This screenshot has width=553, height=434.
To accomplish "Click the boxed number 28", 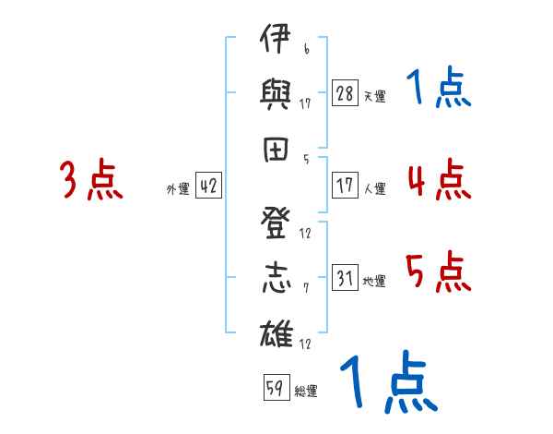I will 345,93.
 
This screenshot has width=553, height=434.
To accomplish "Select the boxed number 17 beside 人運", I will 345,186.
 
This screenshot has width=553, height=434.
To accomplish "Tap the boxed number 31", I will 345,278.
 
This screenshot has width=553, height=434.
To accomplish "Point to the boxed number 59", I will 274,389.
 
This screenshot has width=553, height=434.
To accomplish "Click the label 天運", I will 374,96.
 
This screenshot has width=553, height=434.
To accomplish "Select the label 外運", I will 178,188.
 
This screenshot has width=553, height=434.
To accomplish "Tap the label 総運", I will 305,392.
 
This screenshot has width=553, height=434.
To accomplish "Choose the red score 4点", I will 438,178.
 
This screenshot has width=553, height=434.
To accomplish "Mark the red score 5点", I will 439,272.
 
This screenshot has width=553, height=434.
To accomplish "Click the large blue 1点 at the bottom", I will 388,382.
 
